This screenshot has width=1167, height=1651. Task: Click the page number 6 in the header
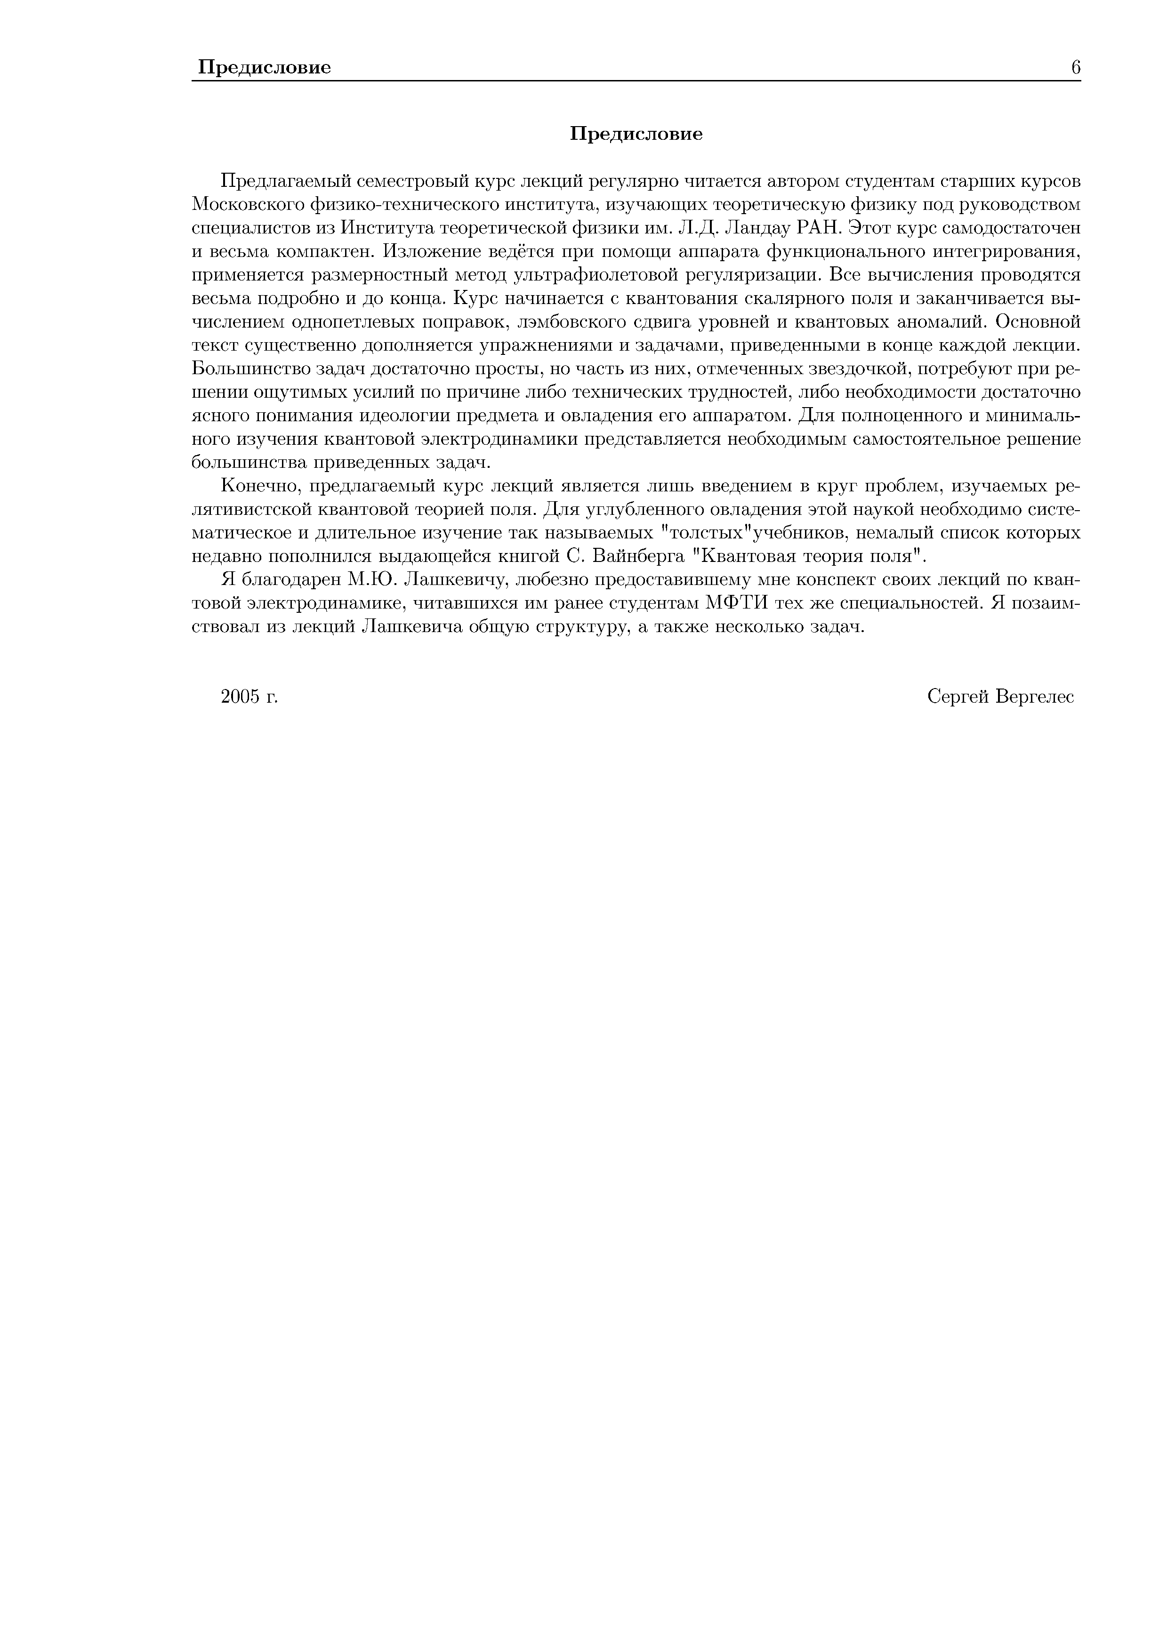(x=1076, y=68)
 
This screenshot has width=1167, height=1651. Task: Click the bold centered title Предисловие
(x=636, y=135)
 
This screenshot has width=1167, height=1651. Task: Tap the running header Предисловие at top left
(x=265, y=68)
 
